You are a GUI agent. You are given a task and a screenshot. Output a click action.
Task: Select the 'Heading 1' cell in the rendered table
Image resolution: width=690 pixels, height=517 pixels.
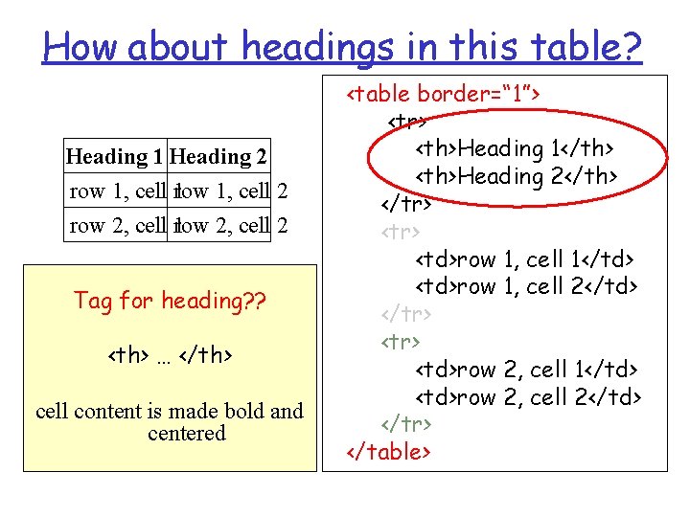115,156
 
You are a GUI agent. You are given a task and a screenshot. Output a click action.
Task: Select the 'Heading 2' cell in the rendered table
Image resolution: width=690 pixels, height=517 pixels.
219,156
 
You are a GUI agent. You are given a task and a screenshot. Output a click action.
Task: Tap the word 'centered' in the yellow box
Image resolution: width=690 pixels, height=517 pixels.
187,434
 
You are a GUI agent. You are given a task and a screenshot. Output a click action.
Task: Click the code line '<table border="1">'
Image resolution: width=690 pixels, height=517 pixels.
444,94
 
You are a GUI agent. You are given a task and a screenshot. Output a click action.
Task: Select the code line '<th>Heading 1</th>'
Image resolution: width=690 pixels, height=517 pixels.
515,148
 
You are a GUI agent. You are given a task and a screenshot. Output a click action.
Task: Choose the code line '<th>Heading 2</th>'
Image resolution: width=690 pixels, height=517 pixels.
516,176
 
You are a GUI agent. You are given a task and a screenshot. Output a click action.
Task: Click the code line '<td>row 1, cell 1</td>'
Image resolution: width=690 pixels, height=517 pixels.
525,259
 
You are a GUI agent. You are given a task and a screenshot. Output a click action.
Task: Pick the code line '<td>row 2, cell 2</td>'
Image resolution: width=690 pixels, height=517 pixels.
527,396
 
